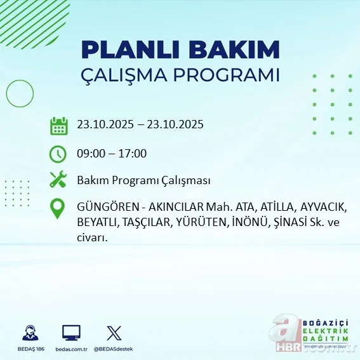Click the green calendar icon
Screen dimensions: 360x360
pyautogui.click(x=58, y=125)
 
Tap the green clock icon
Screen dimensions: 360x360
pyautogui.click(x=58, y=153)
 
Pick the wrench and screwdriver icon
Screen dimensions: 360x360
pyautogui.click(x=58, y=180)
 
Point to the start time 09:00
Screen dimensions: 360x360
pyautogui.click(x=90, y=153)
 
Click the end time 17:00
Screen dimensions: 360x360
pyautogui.click(x=133, y=153)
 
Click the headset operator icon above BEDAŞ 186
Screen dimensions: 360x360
pyautogui.click(x=29, y=333)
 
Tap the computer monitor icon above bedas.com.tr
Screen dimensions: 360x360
pyautogui.click(x=71, y=333)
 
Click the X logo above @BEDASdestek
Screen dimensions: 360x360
pyautogui.click(x=114, y=333)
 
